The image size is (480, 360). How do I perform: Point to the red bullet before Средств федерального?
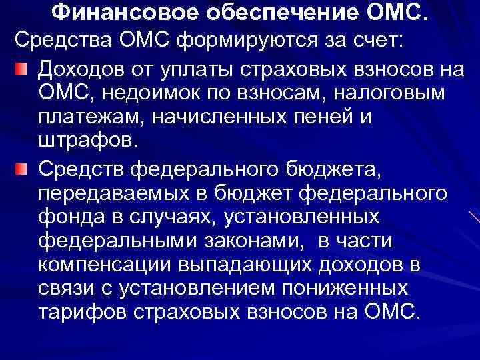tap(23, 172)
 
